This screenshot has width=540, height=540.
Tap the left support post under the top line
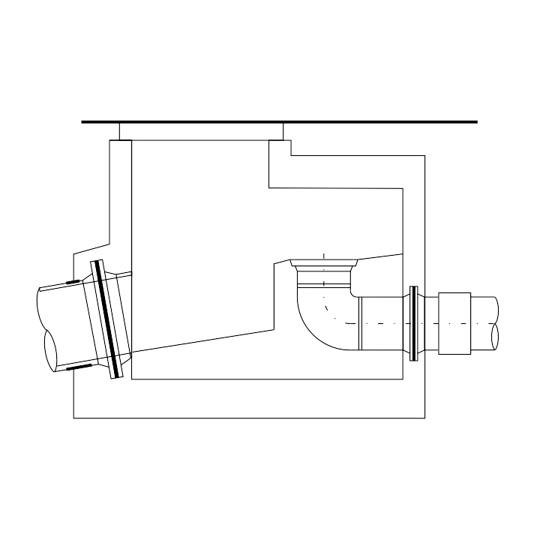[x=125, y=131]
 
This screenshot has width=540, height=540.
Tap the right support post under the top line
[x=276, y=131]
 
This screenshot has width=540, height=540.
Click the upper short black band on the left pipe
[x=74, y=282]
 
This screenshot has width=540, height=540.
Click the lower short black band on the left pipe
[x=77, y=367]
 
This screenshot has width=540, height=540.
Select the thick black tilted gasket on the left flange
[x=106, y=318]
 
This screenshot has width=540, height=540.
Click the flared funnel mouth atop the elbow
[x=323, y=265]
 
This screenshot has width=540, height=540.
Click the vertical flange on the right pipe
[x=414, y=323]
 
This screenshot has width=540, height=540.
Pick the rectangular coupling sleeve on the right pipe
[x=454, y=323]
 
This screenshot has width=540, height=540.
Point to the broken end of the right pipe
[x=496, y=323]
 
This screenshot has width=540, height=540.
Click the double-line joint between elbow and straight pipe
[x=361, y=323]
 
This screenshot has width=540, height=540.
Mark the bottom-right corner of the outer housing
[x=425, y=418]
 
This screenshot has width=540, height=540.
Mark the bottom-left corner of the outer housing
[x=73, y=418]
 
